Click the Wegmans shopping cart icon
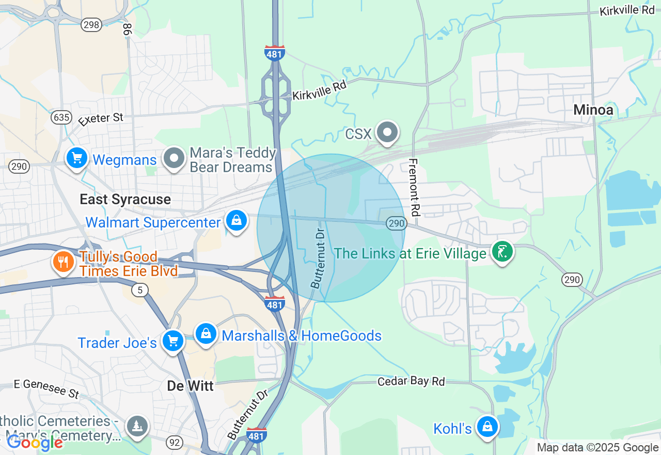pos(77,157)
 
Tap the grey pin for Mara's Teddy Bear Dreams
pos(174,158)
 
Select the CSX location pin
pos(387,132)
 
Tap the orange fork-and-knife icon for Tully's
pos(63,262)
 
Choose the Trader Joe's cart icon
pos(172,341)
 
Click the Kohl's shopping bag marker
pos(486,427)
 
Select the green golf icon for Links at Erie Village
pos(501,252)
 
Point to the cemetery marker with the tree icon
pos(137,426)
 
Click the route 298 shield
pos(91,24)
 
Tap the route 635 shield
pos(61,117)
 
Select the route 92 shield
pos(175,442)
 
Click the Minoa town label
pos(593,110)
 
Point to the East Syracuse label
pos(125,200)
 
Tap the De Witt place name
pos(190,386)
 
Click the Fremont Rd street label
pos(414,187)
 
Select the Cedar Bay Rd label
pos(411,382)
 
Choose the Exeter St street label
pos(101,119)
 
